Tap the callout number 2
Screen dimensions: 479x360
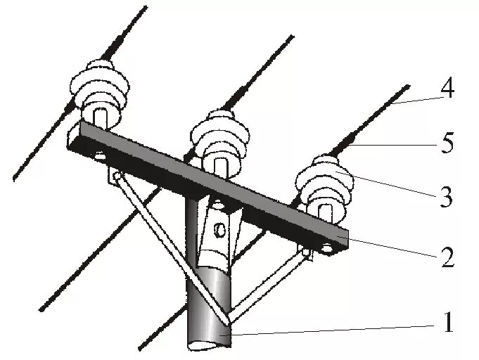pos(447,257)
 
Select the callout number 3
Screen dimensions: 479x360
pos(445,198)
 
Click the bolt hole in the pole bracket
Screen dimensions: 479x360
pos(220,229)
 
